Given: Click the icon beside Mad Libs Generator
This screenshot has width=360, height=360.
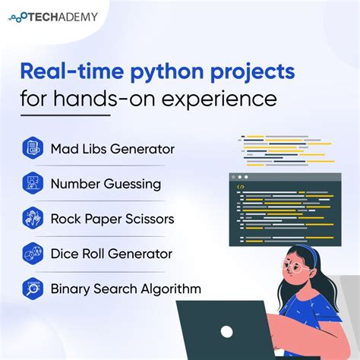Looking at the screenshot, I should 31,147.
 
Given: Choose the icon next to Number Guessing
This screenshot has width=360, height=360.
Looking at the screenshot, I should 31,183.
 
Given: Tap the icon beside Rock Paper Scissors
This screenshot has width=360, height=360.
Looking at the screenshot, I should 31,219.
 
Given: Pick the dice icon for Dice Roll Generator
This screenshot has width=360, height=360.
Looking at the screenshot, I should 31,254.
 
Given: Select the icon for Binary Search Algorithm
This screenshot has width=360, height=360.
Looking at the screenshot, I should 31,289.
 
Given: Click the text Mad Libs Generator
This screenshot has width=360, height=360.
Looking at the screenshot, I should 112,148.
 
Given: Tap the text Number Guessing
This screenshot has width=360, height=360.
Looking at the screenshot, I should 106,183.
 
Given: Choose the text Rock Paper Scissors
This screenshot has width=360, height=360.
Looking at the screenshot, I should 112,219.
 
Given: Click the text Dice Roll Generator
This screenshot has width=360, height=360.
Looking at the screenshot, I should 111,254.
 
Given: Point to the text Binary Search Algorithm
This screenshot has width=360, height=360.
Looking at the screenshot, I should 125,289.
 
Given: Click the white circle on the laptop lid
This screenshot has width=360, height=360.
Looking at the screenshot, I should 228,331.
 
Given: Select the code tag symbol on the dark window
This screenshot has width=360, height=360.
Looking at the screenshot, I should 241,185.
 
